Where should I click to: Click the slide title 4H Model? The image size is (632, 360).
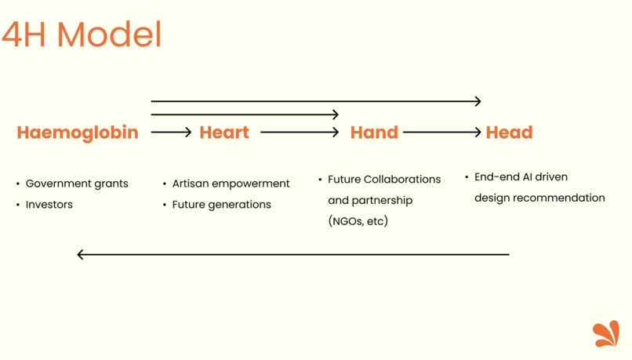[82, 35]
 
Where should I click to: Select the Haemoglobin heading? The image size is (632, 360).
[78, 133]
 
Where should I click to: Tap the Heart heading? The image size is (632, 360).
[224, 133]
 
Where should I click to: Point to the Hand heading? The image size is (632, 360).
[374, 133]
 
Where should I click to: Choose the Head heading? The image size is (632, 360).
[509, 133]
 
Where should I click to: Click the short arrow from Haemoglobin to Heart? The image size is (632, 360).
[171, 133]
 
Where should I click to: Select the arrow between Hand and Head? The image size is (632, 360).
[441, 133]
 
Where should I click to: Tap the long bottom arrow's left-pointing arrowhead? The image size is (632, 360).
[81, 254]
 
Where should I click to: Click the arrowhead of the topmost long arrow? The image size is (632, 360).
[477, 101]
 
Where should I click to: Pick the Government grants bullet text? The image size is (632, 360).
[77, 184]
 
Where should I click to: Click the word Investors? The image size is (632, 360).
[49, 205]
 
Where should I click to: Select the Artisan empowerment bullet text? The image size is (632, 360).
[231, 184]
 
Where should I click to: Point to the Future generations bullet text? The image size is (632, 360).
[222, 205]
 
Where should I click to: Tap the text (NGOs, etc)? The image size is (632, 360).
[358, 221]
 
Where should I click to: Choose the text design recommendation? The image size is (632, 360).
[539, 198]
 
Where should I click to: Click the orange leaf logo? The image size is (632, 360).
[606, 333]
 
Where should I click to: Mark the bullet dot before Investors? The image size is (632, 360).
[18, 205]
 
